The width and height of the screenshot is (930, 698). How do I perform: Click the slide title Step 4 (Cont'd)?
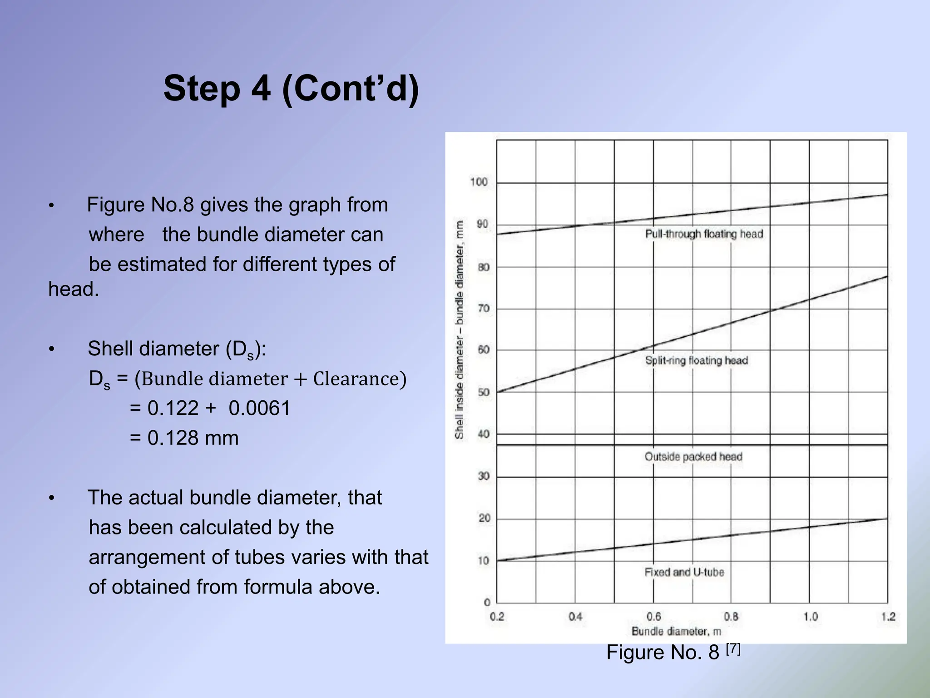click(x=291, y=89)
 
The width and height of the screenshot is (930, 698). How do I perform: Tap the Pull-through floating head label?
click(x=704, y=234)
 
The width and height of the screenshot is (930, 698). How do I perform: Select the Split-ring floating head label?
click(x=696, y=360)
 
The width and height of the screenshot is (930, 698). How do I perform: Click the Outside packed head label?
click(x=693, y=457)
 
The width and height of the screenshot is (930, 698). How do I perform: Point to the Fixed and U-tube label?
click(x=684, y=572)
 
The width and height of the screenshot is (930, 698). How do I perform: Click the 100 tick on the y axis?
click(x=479, y=182)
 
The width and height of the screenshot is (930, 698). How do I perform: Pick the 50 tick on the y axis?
click(x=484, y=392)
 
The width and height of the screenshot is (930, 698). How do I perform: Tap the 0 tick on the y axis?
click(x=487, y=603)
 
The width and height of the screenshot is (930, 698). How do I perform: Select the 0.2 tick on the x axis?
click(x=497, y=617)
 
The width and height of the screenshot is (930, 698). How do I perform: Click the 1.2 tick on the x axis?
click(x=888, y=617)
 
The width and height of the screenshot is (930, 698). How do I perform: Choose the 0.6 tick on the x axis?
click(x=653, y=617)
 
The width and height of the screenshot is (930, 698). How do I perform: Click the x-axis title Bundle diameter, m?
click(x=676, y=631)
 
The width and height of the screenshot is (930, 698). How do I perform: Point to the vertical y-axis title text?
click(x=460, y=329)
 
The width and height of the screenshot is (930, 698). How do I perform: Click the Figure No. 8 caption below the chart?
click(x=673, y=652)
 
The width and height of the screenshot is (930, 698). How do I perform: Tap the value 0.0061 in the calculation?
click(x=259, y=408)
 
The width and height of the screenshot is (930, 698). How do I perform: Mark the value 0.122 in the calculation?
click(x=173, y=408)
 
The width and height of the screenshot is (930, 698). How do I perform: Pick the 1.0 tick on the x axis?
click(x=810, y=617)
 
